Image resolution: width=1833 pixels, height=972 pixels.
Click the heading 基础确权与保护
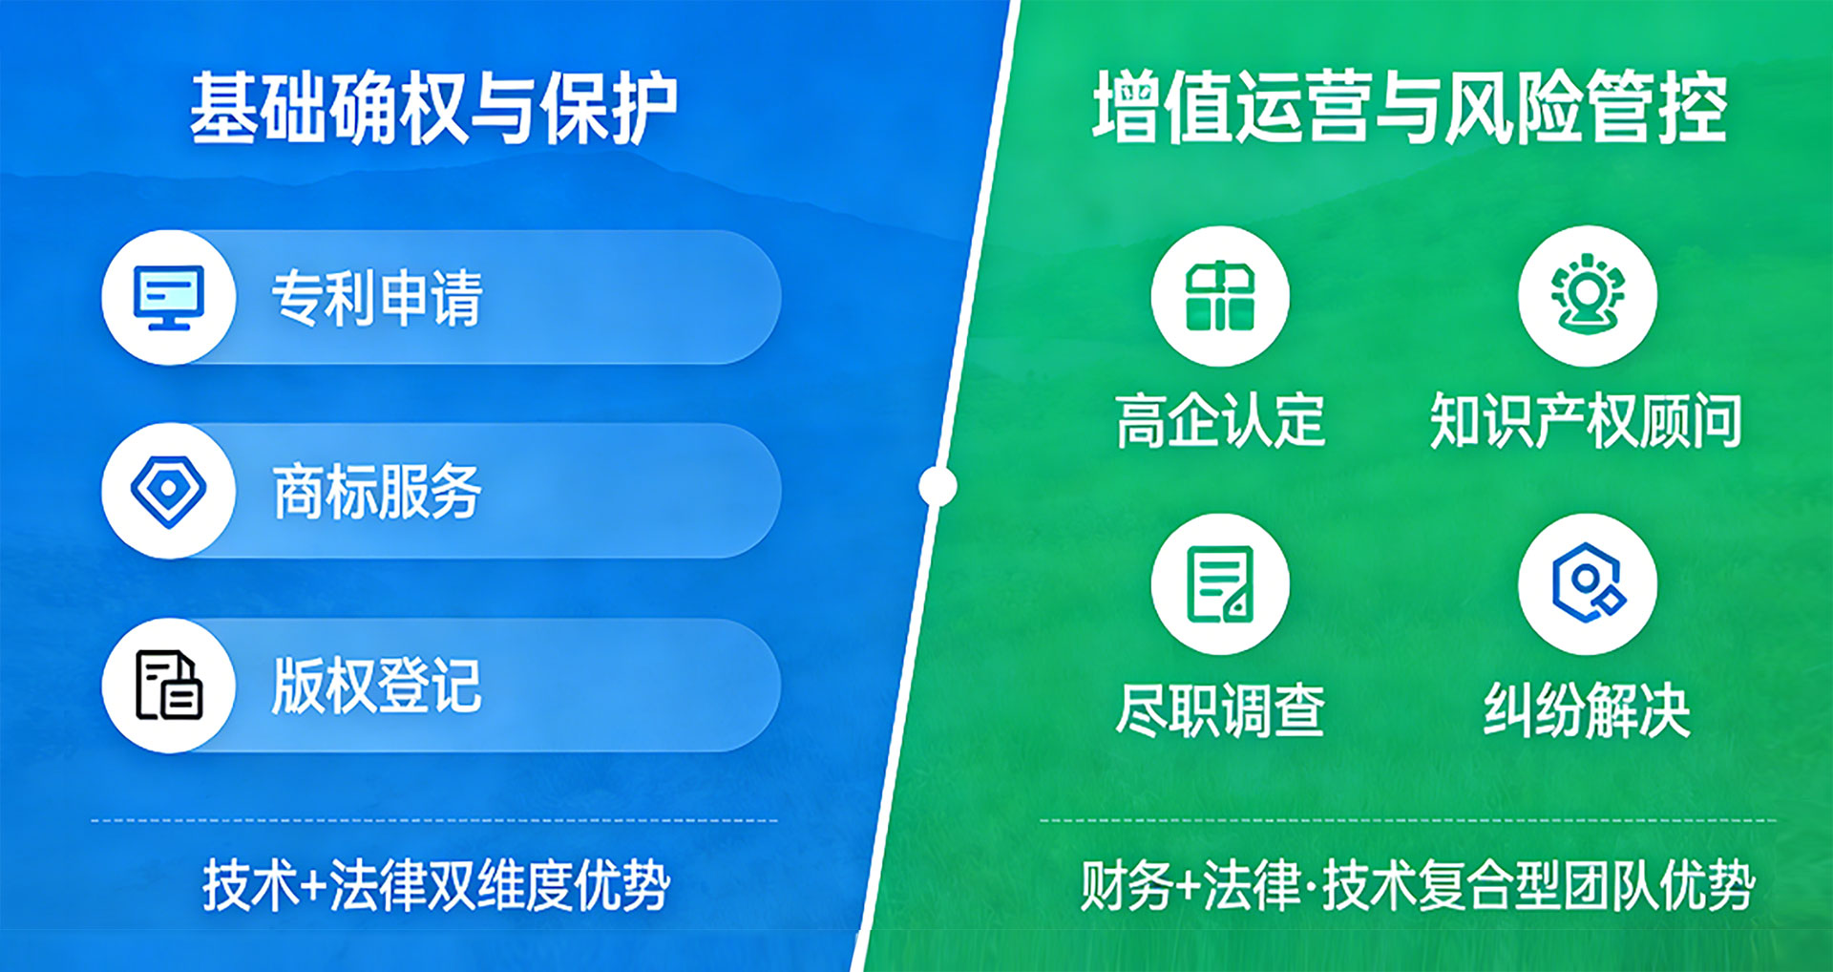pos(433,108)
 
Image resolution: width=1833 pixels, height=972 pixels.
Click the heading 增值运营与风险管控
pos(1410,107)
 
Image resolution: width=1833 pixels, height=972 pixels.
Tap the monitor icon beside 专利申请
pos(169,297)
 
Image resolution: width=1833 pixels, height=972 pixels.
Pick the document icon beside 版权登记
pos(169,685)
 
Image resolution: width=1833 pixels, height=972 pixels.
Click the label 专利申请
pos(377,298)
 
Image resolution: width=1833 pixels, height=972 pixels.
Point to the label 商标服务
pos(377,492)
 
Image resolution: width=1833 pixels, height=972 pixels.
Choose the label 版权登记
pos(377,686)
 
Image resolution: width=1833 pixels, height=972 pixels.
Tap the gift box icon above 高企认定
pos(1220,296)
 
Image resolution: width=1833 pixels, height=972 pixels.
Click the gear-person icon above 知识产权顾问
pos(1588,294)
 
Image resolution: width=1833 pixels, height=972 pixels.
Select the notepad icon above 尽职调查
pos(1220,583)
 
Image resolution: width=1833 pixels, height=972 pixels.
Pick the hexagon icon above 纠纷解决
pos(1588,583)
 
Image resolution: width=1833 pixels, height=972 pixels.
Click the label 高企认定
pos(1220,420)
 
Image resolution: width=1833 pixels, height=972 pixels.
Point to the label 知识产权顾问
pos(1586,420)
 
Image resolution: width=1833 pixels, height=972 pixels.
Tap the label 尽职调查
pos(1220,709)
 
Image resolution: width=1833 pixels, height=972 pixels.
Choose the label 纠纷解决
pos(1587,709)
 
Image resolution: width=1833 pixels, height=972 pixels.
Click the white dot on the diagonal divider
pos(938,486)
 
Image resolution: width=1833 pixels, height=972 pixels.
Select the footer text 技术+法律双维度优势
pos(436,885)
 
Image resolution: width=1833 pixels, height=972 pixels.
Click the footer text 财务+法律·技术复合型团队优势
pos(1418,885)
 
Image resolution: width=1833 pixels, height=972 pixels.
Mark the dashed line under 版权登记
pos(434,820)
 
